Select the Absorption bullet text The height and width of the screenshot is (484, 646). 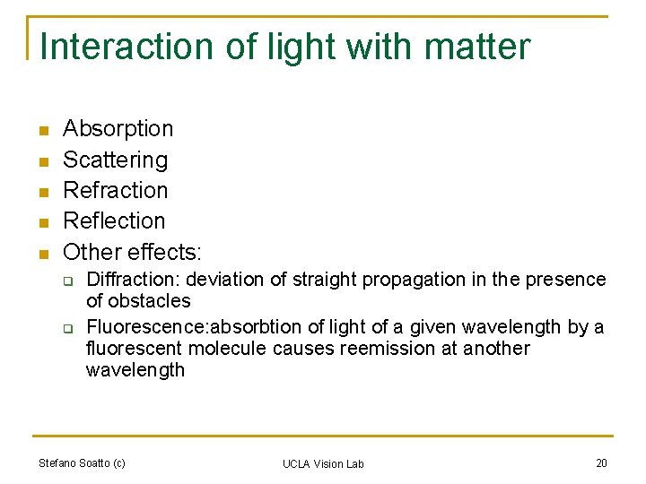click(x=118, y=129)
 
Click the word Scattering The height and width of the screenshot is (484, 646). click(x=115, y=160)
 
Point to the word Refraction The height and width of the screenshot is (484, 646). click(x=115, y=190)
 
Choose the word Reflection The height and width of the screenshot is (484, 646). click(x=114, y=220)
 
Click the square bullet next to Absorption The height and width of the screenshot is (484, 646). click(x=41, y=131)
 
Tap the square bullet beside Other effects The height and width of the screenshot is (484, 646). click(x=41, y=253)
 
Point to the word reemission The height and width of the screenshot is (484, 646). click(x=389, y=349)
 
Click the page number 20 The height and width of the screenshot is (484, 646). click(x=601, y=462)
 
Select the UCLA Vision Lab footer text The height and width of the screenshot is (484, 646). click(x=323, y=463)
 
